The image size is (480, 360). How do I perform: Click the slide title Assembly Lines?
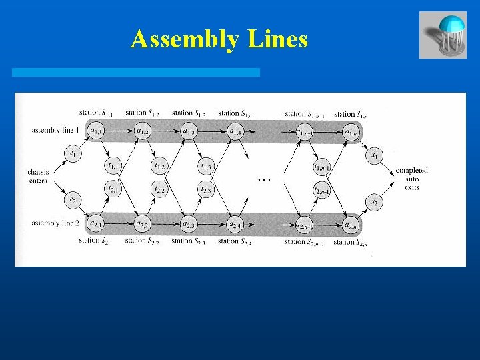pos(219,40)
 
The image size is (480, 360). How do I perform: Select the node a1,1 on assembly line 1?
pos(96,131)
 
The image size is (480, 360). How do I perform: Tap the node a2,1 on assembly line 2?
pos(96,223)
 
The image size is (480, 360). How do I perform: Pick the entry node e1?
pos(73,155)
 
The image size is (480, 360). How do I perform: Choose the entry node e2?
pos(73,199)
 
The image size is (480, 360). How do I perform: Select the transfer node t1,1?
pos(114,165)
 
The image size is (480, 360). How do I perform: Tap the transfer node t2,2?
pos(159,190)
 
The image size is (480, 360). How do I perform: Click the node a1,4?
pos(235,131)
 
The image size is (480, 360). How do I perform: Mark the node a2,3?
pos(189,223)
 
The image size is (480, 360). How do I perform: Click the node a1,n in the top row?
pos(351,131)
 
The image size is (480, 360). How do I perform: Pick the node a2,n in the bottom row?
pos(351,223)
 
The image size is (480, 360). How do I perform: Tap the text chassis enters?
pos(39,176)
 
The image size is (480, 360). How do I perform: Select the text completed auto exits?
pos(411,179)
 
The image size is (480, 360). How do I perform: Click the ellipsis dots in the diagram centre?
pos(265,179)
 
